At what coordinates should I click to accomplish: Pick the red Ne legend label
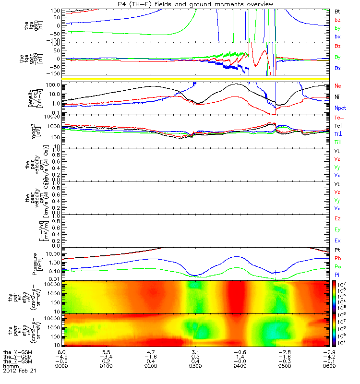(x=337, y=86)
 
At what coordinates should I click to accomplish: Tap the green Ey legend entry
(x=337, y=229)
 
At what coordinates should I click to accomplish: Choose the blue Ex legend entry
(x=337, y=240)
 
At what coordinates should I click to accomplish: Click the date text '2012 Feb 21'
(x=20, y=371)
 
